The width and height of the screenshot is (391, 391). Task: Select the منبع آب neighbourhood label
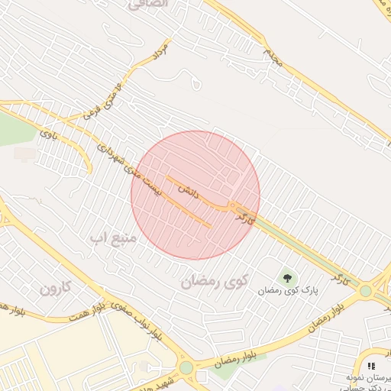[113, 239]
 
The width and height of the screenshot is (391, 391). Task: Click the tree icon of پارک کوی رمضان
[287, 277]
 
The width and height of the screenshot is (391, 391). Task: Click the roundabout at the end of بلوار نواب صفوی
[186, 367]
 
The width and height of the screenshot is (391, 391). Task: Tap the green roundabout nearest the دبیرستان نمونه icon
[366, 290]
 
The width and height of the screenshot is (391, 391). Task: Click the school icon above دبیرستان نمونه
[372, 366]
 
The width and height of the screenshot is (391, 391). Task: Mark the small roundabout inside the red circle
[231, 206]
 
